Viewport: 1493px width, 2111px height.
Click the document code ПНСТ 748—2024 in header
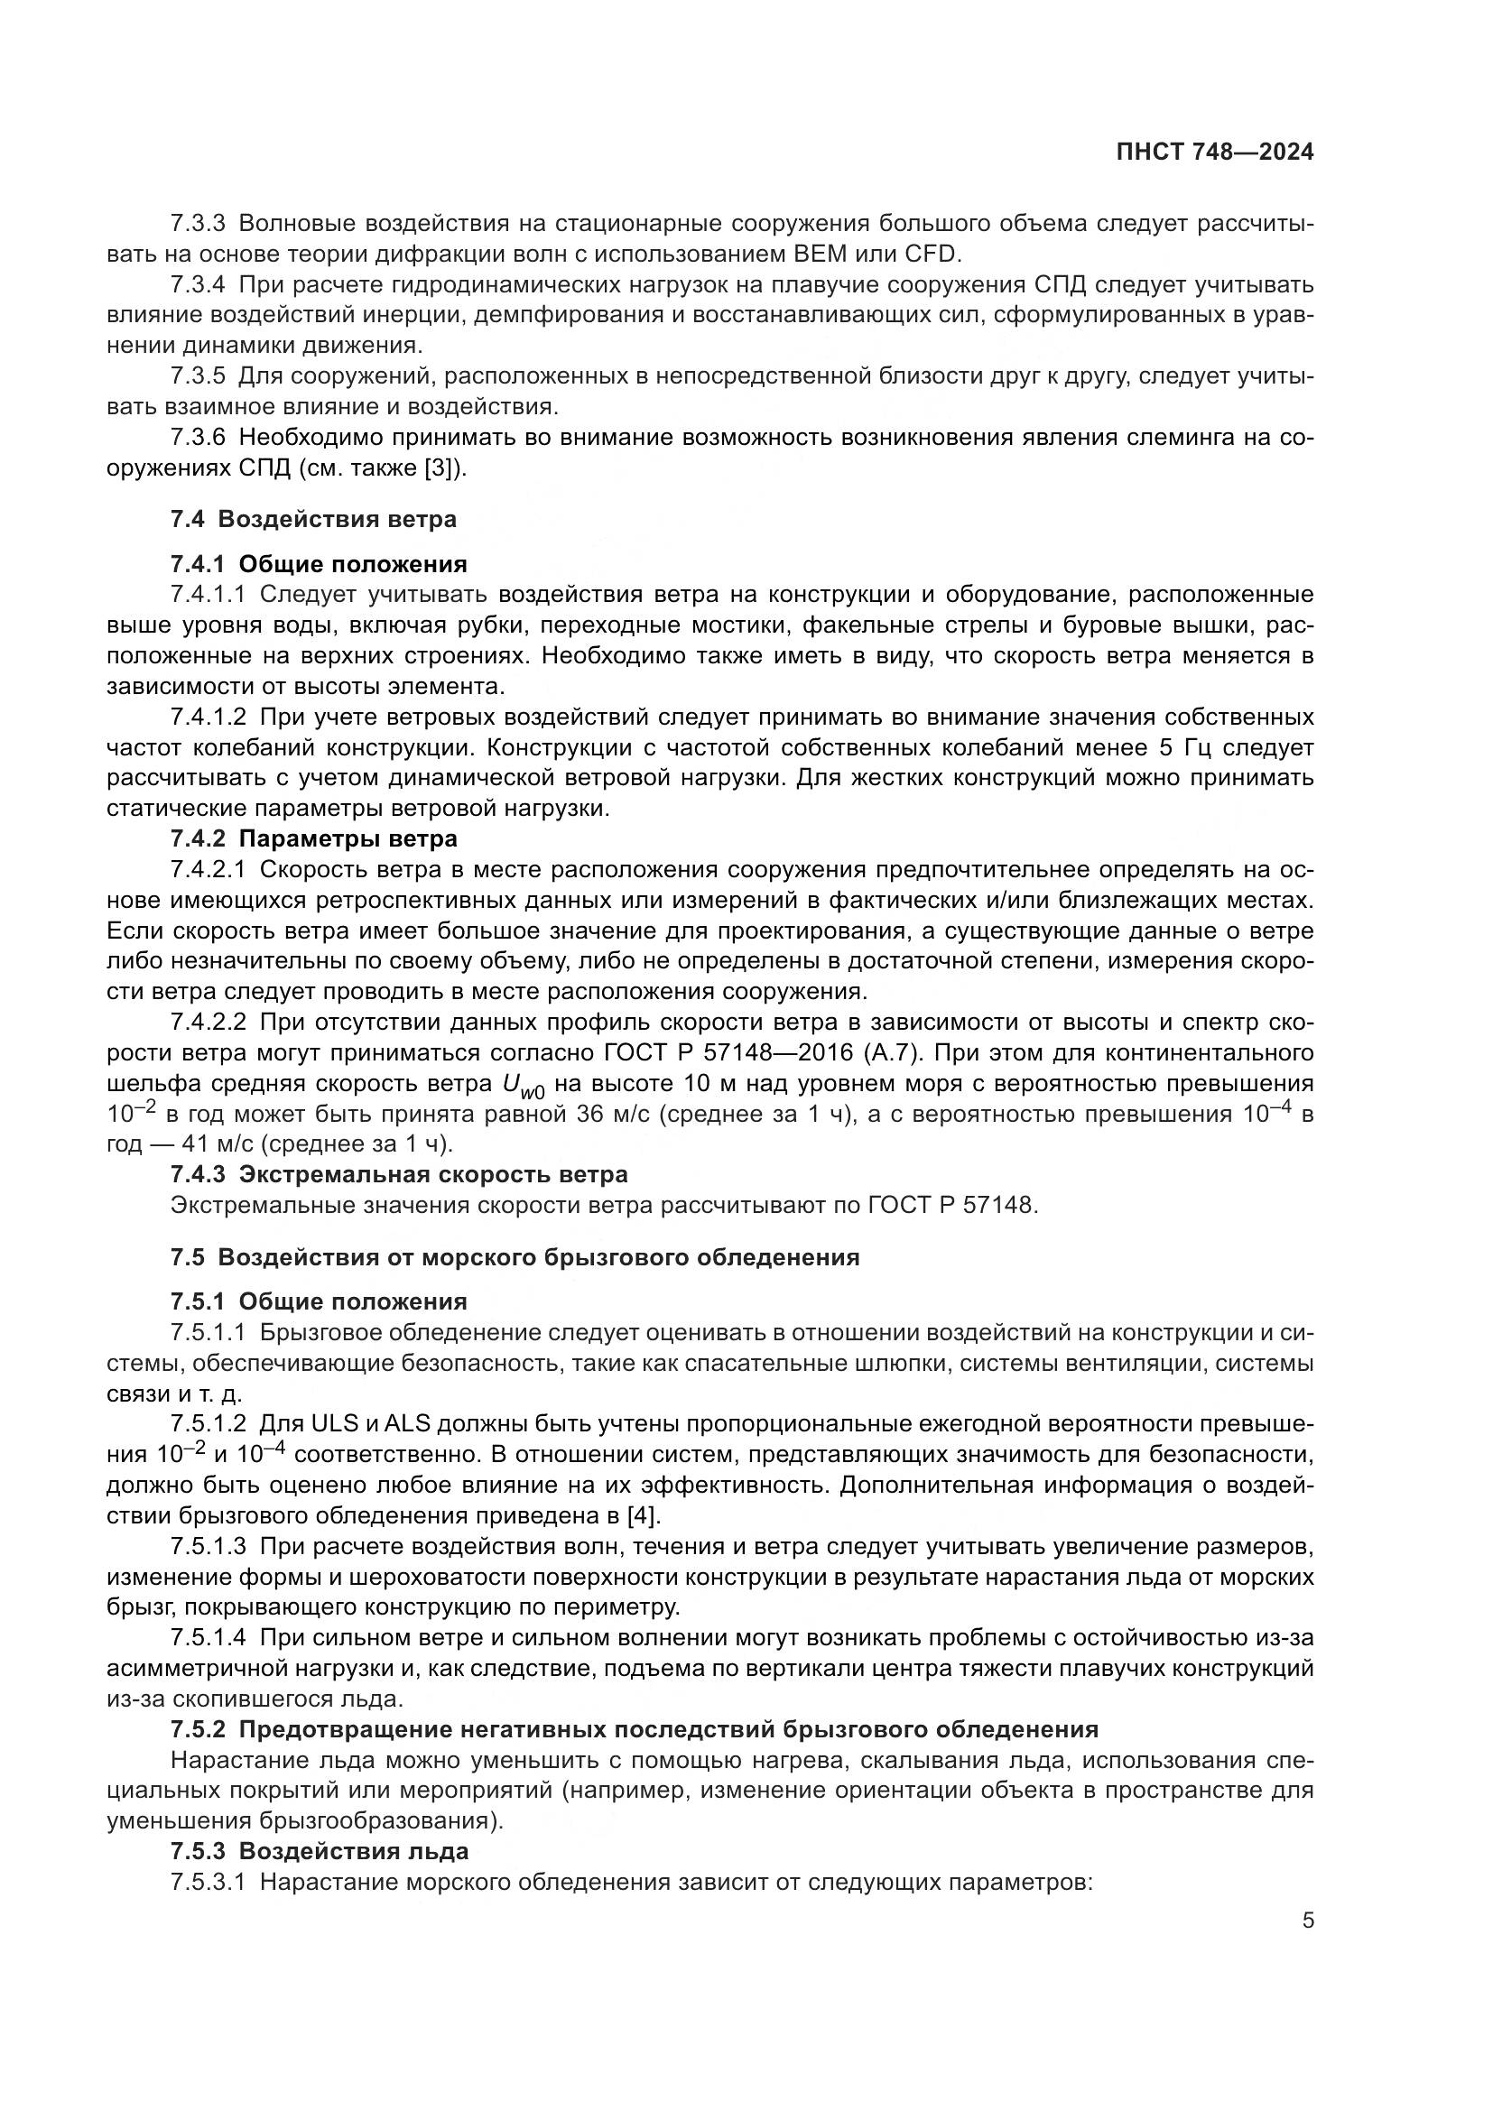(x=1214, y=153)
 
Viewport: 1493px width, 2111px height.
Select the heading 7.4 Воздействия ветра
(x=312, y=519)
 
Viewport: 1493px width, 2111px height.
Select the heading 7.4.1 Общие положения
(x=318, y=563)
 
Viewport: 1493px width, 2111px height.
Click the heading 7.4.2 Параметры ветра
(x=312, y=838)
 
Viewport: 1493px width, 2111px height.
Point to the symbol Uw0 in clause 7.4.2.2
(x=522, y=1086)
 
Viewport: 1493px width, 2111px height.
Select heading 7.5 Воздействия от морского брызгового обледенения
(x=514, y=1257)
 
